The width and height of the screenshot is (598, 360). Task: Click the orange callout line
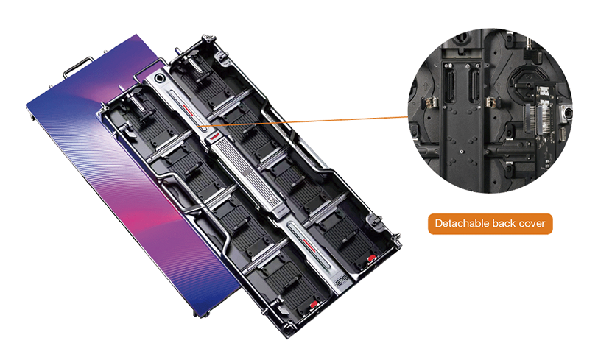point(304,121)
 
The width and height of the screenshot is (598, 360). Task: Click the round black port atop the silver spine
point(159,79)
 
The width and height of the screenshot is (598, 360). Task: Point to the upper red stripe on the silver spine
point(189,110)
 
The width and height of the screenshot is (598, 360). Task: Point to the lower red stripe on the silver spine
point(309,244)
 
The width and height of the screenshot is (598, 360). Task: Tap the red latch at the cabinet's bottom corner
point(314,304)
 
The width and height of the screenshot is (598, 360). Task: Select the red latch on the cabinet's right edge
point(370,258)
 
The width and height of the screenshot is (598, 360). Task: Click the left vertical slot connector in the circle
point(450,87)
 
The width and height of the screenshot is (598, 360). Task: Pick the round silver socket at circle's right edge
point(566,113)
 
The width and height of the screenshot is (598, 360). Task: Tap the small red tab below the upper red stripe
point(214,135)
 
